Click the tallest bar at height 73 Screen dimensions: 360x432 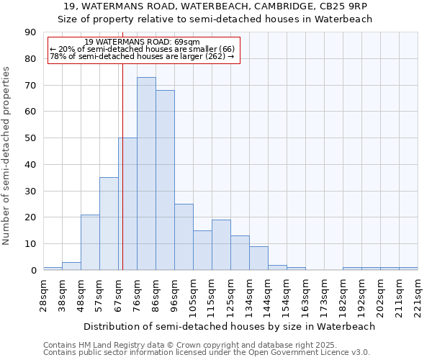(146, 174)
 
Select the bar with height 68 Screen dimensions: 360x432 (165, 180)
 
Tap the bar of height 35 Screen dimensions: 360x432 (109, 224)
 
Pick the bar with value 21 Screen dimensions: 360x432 (90, 242)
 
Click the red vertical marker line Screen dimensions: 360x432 (122, 158)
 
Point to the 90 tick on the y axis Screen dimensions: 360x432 (31, 32)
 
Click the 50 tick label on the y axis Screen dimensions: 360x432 (31, 138)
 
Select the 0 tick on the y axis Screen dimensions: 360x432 (34, 271)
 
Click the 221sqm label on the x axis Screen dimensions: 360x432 (418, 296)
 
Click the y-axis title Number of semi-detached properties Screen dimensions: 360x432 (6, 156)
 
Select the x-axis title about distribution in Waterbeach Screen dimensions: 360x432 (229, 326)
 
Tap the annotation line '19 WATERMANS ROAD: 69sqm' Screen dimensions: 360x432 (142, 42)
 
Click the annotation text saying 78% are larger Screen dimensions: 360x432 (142, 56)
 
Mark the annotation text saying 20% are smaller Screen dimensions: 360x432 (142, 49)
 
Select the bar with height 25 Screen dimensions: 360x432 (184, 237)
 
